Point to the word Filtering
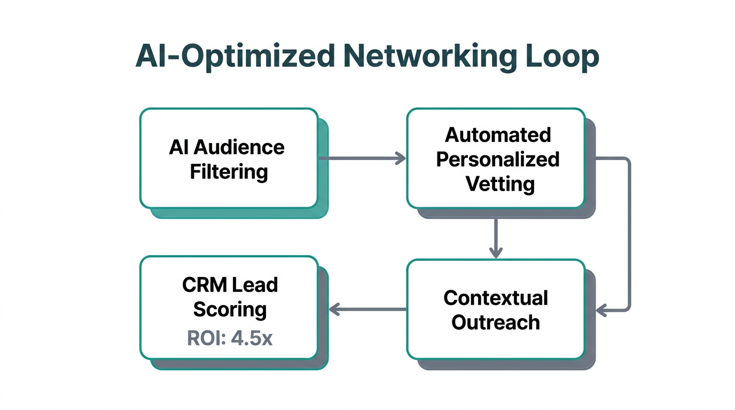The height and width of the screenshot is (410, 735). (x=229, y=171)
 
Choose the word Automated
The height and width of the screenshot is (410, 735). (x=498, y=135)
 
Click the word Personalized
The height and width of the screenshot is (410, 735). (x=498, y=159)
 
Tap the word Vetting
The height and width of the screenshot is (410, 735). (x=500, y=184)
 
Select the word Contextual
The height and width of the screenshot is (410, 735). (x=496, y=297)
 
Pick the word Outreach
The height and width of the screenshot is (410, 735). (x=496, y=322)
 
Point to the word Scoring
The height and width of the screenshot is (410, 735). (x=230, y=309)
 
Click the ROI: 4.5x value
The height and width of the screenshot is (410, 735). (x=230, y=338)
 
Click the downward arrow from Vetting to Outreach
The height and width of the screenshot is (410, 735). (x=496, y=238)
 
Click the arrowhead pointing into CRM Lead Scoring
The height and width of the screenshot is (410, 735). (x=334, y=309)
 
